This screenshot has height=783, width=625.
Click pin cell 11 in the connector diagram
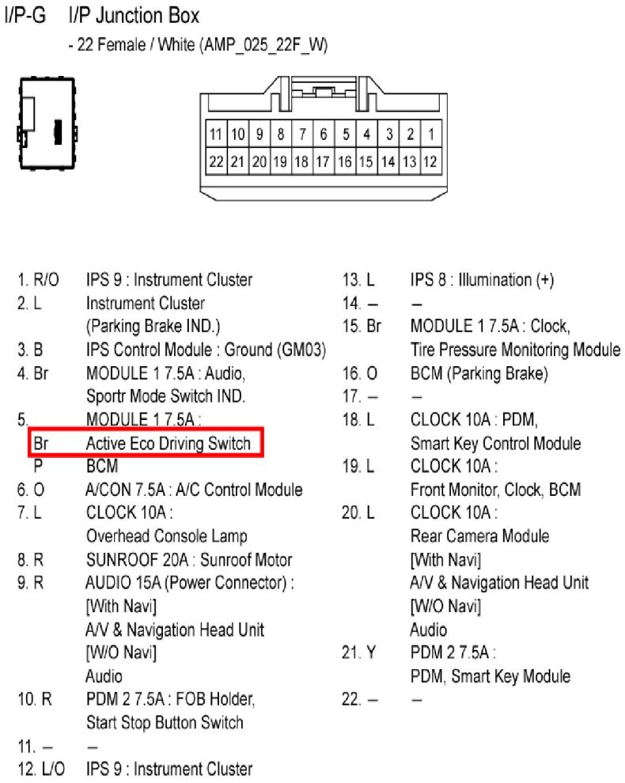(x=216, y=134)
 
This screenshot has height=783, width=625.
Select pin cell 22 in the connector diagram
(x=216, y=161)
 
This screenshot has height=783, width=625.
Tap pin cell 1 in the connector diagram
(x=430, y=134)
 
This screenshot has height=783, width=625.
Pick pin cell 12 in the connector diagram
(x=430, y=161)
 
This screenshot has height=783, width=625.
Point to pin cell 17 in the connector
(x=323, y=161)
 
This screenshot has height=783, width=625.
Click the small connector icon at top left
(x=46, y=123)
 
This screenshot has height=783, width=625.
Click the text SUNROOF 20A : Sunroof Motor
(x=189, y=560)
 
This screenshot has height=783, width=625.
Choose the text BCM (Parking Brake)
(x=479, y=373)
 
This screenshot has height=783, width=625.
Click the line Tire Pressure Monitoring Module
(x=515, y=350)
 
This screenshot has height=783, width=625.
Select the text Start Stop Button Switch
(x=165, y=723)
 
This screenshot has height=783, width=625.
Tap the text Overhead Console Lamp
(x=166, y=536)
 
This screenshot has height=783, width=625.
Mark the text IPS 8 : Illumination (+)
(x=483, y=280)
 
